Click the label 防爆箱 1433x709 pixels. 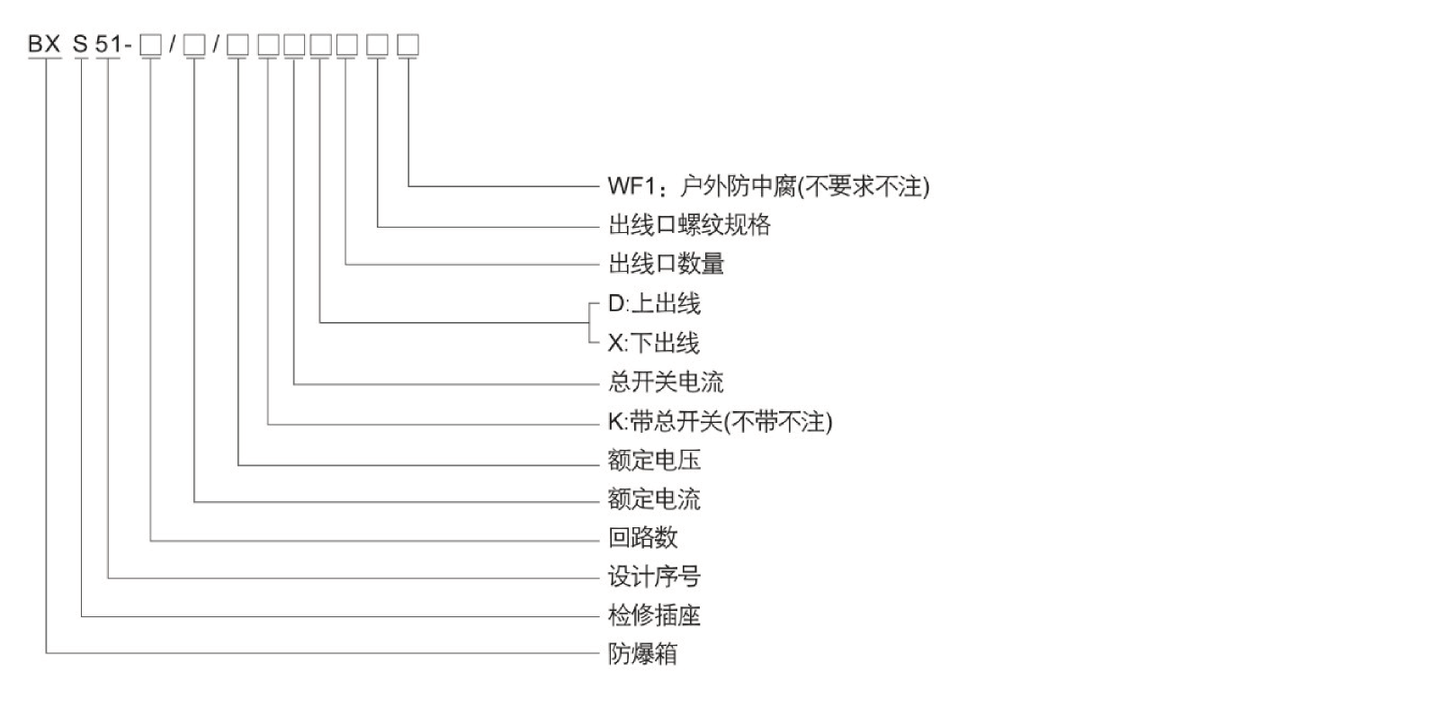(x=642, y=654)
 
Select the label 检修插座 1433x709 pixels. (x=654, y=615)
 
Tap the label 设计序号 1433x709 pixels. (x=654, y=577)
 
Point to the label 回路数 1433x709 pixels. (x=642, y=538)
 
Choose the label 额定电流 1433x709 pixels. (x=654, y=499)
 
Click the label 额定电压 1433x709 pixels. (x=654, y=461)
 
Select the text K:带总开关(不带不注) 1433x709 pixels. (x=720, y=422)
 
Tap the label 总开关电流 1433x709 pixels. (x=666, y=382)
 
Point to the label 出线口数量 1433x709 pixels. (x=666, y=264)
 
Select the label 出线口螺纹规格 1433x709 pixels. (x=689, y=225)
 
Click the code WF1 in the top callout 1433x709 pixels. (x=629, y=186)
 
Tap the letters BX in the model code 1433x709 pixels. (x=44, y=44)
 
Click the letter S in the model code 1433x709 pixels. (x=81, y=44)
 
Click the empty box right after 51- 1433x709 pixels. (x=151, y=44)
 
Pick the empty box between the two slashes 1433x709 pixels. (x=194, y=44)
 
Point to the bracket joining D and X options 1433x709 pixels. (x=590, y=323)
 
